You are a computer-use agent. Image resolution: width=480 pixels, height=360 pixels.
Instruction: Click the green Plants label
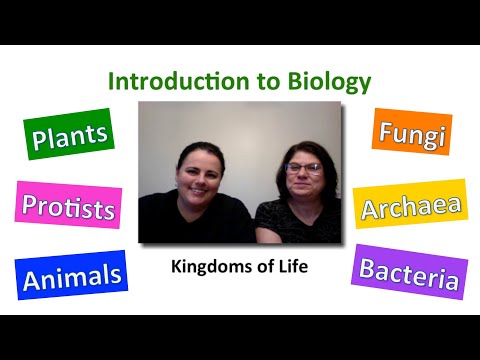70,137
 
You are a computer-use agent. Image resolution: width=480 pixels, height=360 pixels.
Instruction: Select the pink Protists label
69,207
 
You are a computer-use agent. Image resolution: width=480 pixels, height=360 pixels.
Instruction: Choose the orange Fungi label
411,131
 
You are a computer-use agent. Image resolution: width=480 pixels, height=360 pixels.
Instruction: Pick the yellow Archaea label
410,206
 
